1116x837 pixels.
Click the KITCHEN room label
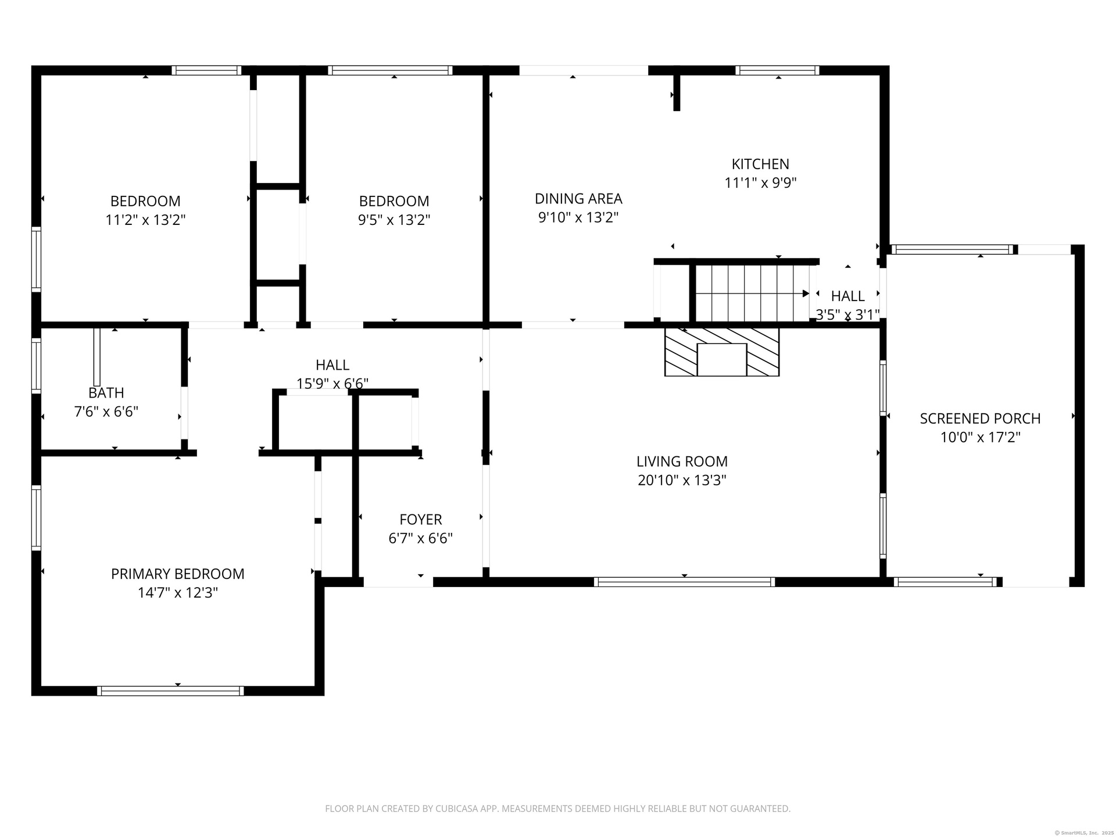coord(760,164)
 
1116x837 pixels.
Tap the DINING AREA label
coord(578,199)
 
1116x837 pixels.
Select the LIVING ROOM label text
coord(682,462)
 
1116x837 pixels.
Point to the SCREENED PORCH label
coord(980,419)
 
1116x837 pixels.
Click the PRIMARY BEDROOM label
coord(178,574)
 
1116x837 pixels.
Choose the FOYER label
coord(421,520)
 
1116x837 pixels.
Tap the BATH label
coord(106,393)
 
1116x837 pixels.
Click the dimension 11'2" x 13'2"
coord(145,220)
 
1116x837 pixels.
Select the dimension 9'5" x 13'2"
coord(394,220)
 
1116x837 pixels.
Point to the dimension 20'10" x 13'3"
coord(682,481)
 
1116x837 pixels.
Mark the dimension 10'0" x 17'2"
coord(981,437)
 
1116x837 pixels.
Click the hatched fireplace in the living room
coord(722,352)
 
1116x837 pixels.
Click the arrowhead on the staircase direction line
coord(806,294)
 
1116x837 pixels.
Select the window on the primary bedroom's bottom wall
coord(170,691)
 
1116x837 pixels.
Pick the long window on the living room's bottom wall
coord(684,582)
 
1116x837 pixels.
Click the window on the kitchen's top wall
coord(777,70)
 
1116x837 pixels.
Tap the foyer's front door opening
coord(398,582)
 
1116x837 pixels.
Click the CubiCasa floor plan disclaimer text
coord(558,809)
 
